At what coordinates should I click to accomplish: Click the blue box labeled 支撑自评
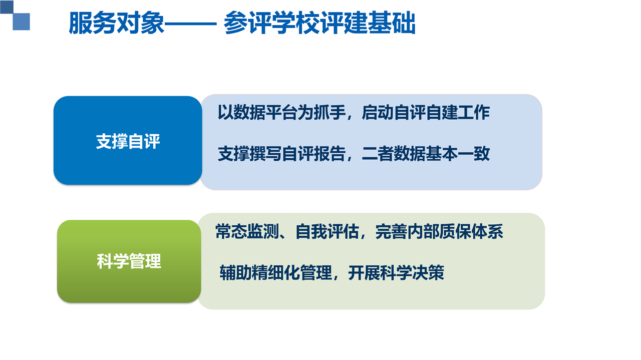tap(128, 141)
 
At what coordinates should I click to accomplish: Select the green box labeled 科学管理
tap(129, 261)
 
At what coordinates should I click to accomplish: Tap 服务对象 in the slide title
tap(116, 23)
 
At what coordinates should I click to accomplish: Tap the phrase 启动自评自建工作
tap(426, 112)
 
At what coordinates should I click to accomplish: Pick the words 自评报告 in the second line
tap(313, 154)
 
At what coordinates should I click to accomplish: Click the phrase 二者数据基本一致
tap(426, 154)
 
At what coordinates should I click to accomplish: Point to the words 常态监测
tap(247, 231)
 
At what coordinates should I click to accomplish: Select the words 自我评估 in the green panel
tap(328, 231)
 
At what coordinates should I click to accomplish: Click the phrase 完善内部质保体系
tap(439, 231)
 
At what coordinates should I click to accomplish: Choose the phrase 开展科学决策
tap(396, 272)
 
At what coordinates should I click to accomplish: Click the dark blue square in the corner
tap(7, 7)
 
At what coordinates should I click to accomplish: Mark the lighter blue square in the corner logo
tap(21, 22)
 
